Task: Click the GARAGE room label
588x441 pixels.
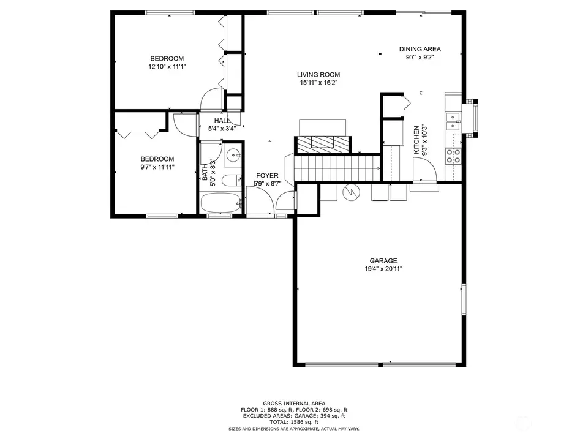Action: click(383, 261)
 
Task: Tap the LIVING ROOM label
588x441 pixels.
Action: click(318, 75)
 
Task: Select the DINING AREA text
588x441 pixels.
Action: click(420, 49)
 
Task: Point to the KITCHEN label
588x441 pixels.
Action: click(417, 140)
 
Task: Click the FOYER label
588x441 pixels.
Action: click(267, 176)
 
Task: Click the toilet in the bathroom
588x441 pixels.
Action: click(232, 181)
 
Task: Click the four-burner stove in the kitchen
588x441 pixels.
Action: click(453, 156)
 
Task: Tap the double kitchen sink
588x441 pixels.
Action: click(453, 122)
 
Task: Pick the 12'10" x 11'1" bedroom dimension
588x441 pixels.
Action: click(167, 67)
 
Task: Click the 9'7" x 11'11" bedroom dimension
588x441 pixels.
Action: click(157, 167)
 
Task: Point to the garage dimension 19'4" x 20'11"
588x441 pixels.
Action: click(383, 269)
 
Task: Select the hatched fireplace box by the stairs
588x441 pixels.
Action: click(323, 145)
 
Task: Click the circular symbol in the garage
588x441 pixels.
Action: click(351, 192)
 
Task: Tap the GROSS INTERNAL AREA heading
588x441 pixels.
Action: click(294, 404)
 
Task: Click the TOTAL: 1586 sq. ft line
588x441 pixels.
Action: click(294, 422)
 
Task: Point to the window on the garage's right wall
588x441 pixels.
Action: click(464, 299)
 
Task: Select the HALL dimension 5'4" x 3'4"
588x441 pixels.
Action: click(222, 129)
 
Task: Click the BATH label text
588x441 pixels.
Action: click(205, 172)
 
